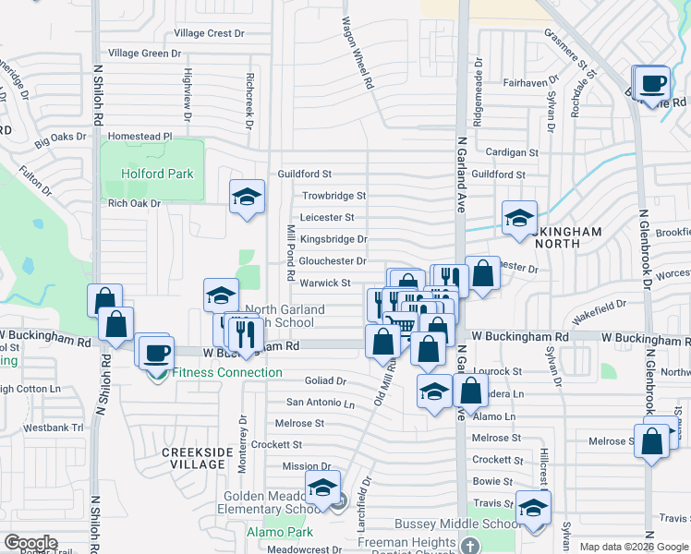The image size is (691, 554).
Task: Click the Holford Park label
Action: [156, 174]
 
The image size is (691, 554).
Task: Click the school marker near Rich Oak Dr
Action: [247, 197]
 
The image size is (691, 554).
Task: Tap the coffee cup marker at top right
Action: [653, 83]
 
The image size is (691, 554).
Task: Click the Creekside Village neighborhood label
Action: [193, 458]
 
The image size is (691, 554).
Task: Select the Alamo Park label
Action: [280, 532]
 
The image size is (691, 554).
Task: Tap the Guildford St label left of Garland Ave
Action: [304, 174]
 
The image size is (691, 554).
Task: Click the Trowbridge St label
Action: [333, 196]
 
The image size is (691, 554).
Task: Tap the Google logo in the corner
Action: [30, 543]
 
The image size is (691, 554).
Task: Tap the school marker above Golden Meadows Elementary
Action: [322, 488]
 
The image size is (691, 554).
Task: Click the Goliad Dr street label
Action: [325, 380]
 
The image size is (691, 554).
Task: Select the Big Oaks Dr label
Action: [60, 141]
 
